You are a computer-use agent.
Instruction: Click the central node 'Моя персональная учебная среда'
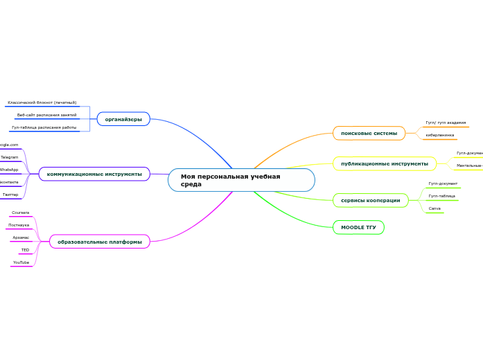(x=240, y=180)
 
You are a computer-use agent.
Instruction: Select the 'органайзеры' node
(x=123, y=120)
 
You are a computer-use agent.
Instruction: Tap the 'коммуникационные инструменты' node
(x=94, y=174)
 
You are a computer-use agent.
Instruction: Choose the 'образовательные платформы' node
(x=100, y=242)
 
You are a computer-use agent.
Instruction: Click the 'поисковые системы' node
(x=369, y=133)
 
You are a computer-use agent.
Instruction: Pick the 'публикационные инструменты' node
(x=384, y=163)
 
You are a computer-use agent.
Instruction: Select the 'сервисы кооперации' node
(x=370, y=200)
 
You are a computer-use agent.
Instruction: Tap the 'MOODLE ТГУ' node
(x=358, y=227)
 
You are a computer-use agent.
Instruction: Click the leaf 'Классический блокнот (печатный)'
(x=42, y=102)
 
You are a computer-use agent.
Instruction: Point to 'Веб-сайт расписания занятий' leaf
(x=46, y=115)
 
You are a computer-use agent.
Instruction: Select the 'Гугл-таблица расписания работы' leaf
(x=44, y=127)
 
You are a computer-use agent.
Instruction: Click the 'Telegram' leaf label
(x=10, y=157)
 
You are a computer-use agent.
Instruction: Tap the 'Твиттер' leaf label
(x=10, y=195)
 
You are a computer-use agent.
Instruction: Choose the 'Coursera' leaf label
(x=21, y=213)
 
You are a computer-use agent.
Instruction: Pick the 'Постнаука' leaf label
(x=19, y=225)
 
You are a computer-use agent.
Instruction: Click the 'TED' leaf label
(x=25, y=250)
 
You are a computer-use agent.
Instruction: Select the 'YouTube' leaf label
(x=21, y=262)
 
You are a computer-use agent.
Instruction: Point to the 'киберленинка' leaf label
(x=440, y=135)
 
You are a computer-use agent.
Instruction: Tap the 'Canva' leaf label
(x=434, y=208)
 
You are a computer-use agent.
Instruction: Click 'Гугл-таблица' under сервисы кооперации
(x=441, y=196)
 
